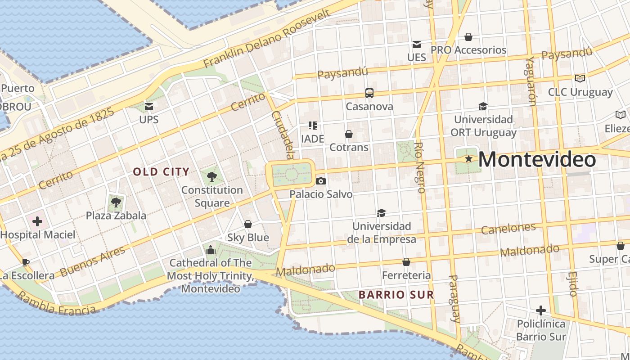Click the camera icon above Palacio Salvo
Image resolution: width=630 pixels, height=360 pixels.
pyautogui.click(x=320, y=181)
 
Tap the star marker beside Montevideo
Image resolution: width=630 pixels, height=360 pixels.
pyautogui.click(x=468, y=159)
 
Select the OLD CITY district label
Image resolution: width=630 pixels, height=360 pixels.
pyautogui.click(x=161, y=171)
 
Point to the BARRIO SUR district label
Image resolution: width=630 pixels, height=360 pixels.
pyautogui.click(x=396, y=295)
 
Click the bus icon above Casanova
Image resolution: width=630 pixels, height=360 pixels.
pyautogui.click(x=369, y=93)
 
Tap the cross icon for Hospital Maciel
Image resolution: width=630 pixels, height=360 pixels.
pyautogui.click(x=37, y=221)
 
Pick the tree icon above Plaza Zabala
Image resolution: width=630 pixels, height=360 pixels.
pyautogui.click(x=116, y=202)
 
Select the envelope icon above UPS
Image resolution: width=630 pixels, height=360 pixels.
pyautogui.click(x=148, y=107)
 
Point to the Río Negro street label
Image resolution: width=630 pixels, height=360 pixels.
pyautogui.click(x=420, y=167)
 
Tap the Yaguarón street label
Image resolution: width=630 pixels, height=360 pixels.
pyautogui.click(x=531, y=81)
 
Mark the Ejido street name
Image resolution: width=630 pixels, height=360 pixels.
pyautogui.click(x=572, y=283)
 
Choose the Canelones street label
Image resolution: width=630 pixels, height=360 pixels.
pyautogui.click(x=508, y=229)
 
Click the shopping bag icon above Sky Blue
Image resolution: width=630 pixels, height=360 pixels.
pyautogui.click(x=247, y=224)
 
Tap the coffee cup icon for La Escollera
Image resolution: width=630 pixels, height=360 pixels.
pyautogui.click(x=26, y=262)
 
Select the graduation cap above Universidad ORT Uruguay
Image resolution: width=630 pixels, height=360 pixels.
pyautogui.click(x=483, y=106)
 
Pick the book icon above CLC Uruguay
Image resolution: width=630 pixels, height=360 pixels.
pyautogui.click(x=580, y=78)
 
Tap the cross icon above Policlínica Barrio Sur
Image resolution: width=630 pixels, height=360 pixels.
pyautogui.click(x=540, y=310)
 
